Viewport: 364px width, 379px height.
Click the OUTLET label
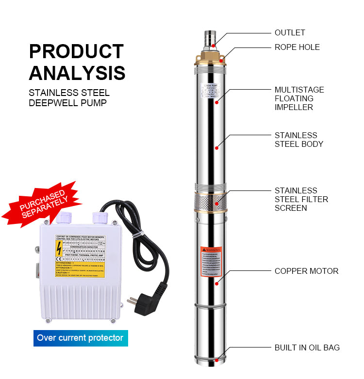pyautogui.click(x=290, y=33)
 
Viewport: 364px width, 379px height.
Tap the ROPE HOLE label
pyautogui.click(x=297, y=47)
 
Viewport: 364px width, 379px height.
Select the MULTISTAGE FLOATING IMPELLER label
pyautogui.click(x=299, y=98)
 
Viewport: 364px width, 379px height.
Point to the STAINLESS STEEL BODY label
pyautogui.click(x=299, y=140)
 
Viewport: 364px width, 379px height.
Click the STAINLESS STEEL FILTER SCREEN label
pyautogui.click(x=301, y=199)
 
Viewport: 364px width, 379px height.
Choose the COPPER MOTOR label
pyautogui.click(x=306, y=271)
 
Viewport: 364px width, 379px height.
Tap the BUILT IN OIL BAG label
pyautogui.click(x=307, y=347)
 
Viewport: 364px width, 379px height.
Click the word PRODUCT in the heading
pyautogui.click(x=77, y=51)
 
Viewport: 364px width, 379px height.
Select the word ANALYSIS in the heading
pyautogui.click(x=77, y=73)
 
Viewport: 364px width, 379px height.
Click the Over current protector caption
pyautogui.click(x=81, y=338)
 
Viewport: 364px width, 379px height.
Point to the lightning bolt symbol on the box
pyautogui.click(x=59, y=249)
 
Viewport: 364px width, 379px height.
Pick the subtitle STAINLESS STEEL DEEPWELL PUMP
pyautogui.click(x=69, y=97)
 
